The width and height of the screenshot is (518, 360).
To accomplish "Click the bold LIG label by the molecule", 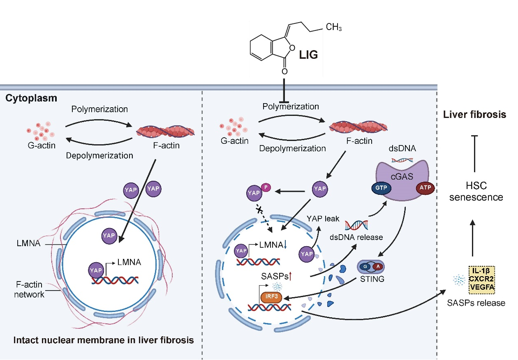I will click(x=308, y=55).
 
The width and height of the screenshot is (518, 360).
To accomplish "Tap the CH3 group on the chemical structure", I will click(x=333, y=28).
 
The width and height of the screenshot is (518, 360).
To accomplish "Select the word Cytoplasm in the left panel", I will click(x=31, y=99).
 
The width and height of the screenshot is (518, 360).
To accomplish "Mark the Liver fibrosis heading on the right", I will click(x=474, y=115).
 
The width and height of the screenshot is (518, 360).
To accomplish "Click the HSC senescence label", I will click(x=476, y=192).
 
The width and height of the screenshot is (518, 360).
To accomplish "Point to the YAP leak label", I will click(x=323, y=219).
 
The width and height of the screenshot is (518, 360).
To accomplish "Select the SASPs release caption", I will click(x=476, y=303).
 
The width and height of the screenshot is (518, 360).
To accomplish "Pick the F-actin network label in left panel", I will click(x=29, y=289).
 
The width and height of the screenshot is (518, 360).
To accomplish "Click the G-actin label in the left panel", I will click(x=41, y=145).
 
